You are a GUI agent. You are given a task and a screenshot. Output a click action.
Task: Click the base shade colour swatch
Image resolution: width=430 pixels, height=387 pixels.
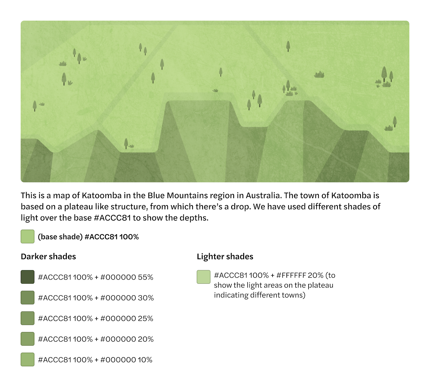[27, 236]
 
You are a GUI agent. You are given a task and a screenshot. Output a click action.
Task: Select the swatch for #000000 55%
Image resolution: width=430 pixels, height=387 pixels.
[27, 277]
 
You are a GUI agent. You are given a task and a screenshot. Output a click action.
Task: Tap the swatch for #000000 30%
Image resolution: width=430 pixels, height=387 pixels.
[27, 298]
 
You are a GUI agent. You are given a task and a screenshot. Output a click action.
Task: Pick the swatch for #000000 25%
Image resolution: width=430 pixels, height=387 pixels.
[27, 318]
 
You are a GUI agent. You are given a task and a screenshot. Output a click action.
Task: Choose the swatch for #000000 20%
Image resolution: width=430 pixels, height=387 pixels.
[27, 339]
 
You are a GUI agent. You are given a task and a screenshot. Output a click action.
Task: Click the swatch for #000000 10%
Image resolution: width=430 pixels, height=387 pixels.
[27, 360]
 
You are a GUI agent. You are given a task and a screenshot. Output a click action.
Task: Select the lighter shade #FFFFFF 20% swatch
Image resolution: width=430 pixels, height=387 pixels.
[203, 277]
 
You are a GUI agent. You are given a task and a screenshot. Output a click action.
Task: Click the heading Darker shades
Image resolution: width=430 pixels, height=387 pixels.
[48, 256]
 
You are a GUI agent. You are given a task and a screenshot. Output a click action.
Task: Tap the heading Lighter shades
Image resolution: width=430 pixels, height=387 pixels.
[225, 256]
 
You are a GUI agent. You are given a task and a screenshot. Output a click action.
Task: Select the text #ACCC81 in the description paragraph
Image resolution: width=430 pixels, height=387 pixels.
[112, 218]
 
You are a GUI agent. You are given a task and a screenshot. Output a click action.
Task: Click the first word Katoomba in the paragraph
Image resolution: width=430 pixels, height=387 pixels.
[102, 195]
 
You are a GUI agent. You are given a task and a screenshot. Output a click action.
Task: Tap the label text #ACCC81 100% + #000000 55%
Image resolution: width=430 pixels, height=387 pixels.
[96, 277]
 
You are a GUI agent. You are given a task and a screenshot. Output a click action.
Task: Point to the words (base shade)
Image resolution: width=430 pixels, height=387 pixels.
[60, 237]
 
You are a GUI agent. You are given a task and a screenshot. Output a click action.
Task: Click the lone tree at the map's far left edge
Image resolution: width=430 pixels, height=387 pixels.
[35, 106]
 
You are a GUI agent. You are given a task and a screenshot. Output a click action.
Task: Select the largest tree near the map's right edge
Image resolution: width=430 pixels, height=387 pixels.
[384, 74]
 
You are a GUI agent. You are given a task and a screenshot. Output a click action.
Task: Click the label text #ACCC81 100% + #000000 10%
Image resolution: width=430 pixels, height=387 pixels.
[95, 360]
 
